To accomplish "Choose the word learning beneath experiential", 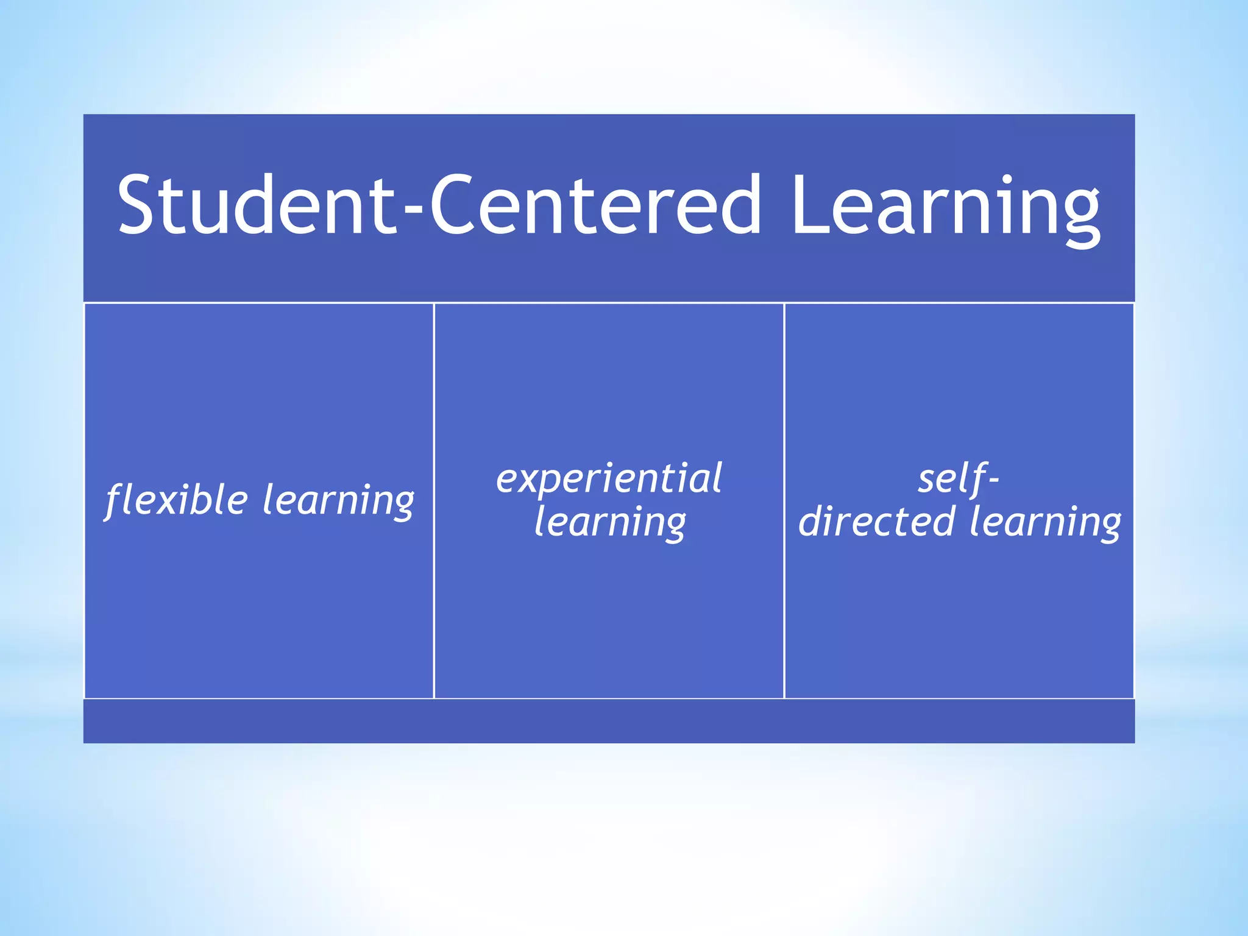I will (609, 523).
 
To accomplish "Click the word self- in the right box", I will (958, 479).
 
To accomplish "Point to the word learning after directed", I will (1044, 523).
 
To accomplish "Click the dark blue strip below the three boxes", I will (609, 721).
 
